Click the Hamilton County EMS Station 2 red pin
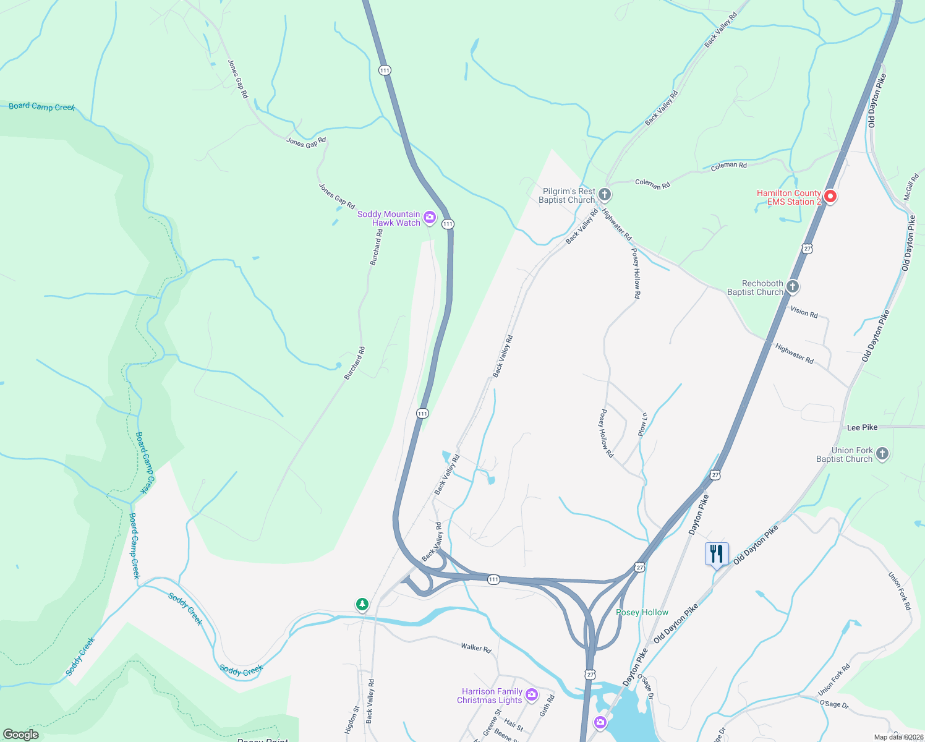[x=830, y=197]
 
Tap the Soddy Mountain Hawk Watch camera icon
[x=430, y=218]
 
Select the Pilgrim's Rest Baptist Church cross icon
[x=605, y=195]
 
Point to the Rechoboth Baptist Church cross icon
[x=793, y=287]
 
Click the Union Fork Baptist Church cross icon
[x=882, y=454]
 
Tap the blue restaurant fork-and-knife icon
[x=717, y=553]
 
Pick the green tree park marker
[x=362, y=604]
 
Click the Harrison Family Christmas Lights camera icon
[x=531, y=696]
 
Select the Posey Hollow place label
[x=642, y=612]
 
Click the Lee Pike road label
[x=862, y=427]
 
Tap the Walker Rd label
[x=475, y=647]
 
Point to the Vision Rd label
[x=804, y=312]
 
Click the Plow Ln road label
[x=643, y=424]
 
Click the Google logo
[x=20, y=734]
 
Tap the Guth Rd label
[x=547, y=706]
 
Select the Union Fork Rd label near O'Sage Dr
[x=834, y=679]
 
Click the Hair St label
[x=513, y=725]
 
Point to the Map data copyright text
[x=898, y=737]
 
